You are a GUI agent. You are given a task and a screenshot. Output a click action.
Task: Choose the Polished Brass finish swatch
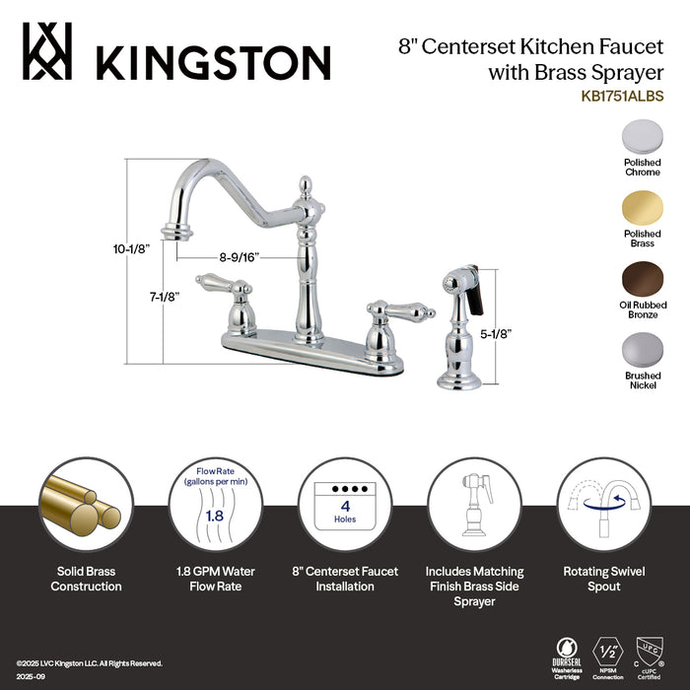click(x=642, y=207)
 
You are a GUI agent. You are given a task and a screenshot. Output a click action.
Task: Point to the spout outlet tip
click(x=176, y=234)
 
